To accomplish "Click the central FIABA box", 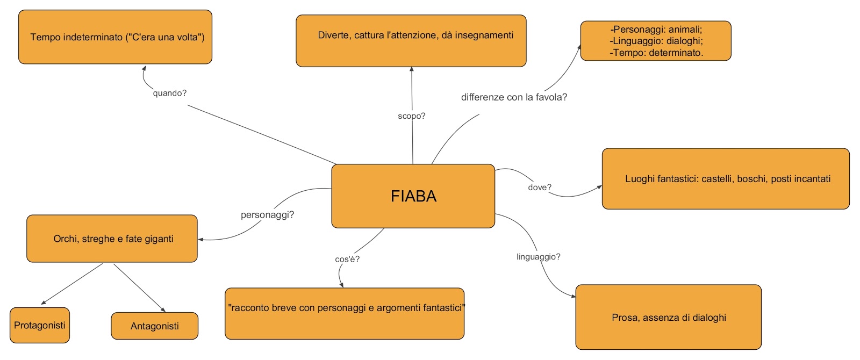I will [x=413, y=196].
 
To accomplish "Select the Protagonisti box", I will [x=40, y=325].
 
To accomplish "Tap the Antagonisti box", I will [x=154, y=326].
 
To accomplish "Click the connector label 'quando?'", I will [x=170, y=93].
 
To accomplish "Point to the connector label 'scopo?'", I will [x=412, y=116].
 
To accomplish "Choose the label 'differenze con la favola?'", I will [x=514, y=97].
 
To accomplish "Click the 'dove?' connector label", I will [x=540, y=188].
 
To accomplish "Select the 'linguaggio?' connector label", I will [x=538, y=257].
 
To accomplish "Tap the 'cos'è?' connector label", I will [x=347, y=259].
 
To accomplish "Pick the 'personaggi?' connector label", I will [x=267, y=215].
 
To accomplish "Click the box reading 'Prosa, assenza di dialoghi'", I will [x=668, y=317].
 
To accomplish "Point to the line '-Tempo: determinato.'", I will [x=656, y=53].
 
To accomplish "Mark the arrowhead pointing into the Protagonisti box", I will [x=43, y=303].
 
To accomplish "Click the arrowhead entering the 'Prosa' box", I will [x=573, y=296].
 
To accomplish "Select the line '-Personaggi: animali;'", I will [x=656, y=30].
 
